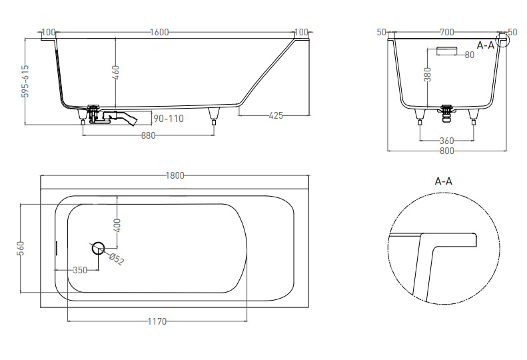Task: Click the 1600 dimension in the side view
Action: click(x=159, y=32)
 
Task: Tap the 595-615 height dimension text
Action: click(x=25, y=81)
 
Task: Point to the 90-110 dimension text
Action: click(x=169, y=119)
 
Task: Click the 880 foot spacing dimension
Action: click(x=148, y=135)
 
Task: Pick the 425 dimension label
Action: click(x=276, y=115)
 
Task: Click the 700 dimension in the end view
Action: click(x=447, y=32)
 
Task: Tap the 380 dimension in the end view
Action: click(x=427, y=75)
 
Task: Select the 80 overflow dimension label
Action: click(x=470, y=55)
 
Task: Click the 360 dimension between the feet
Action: click(x=446, y=140)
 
